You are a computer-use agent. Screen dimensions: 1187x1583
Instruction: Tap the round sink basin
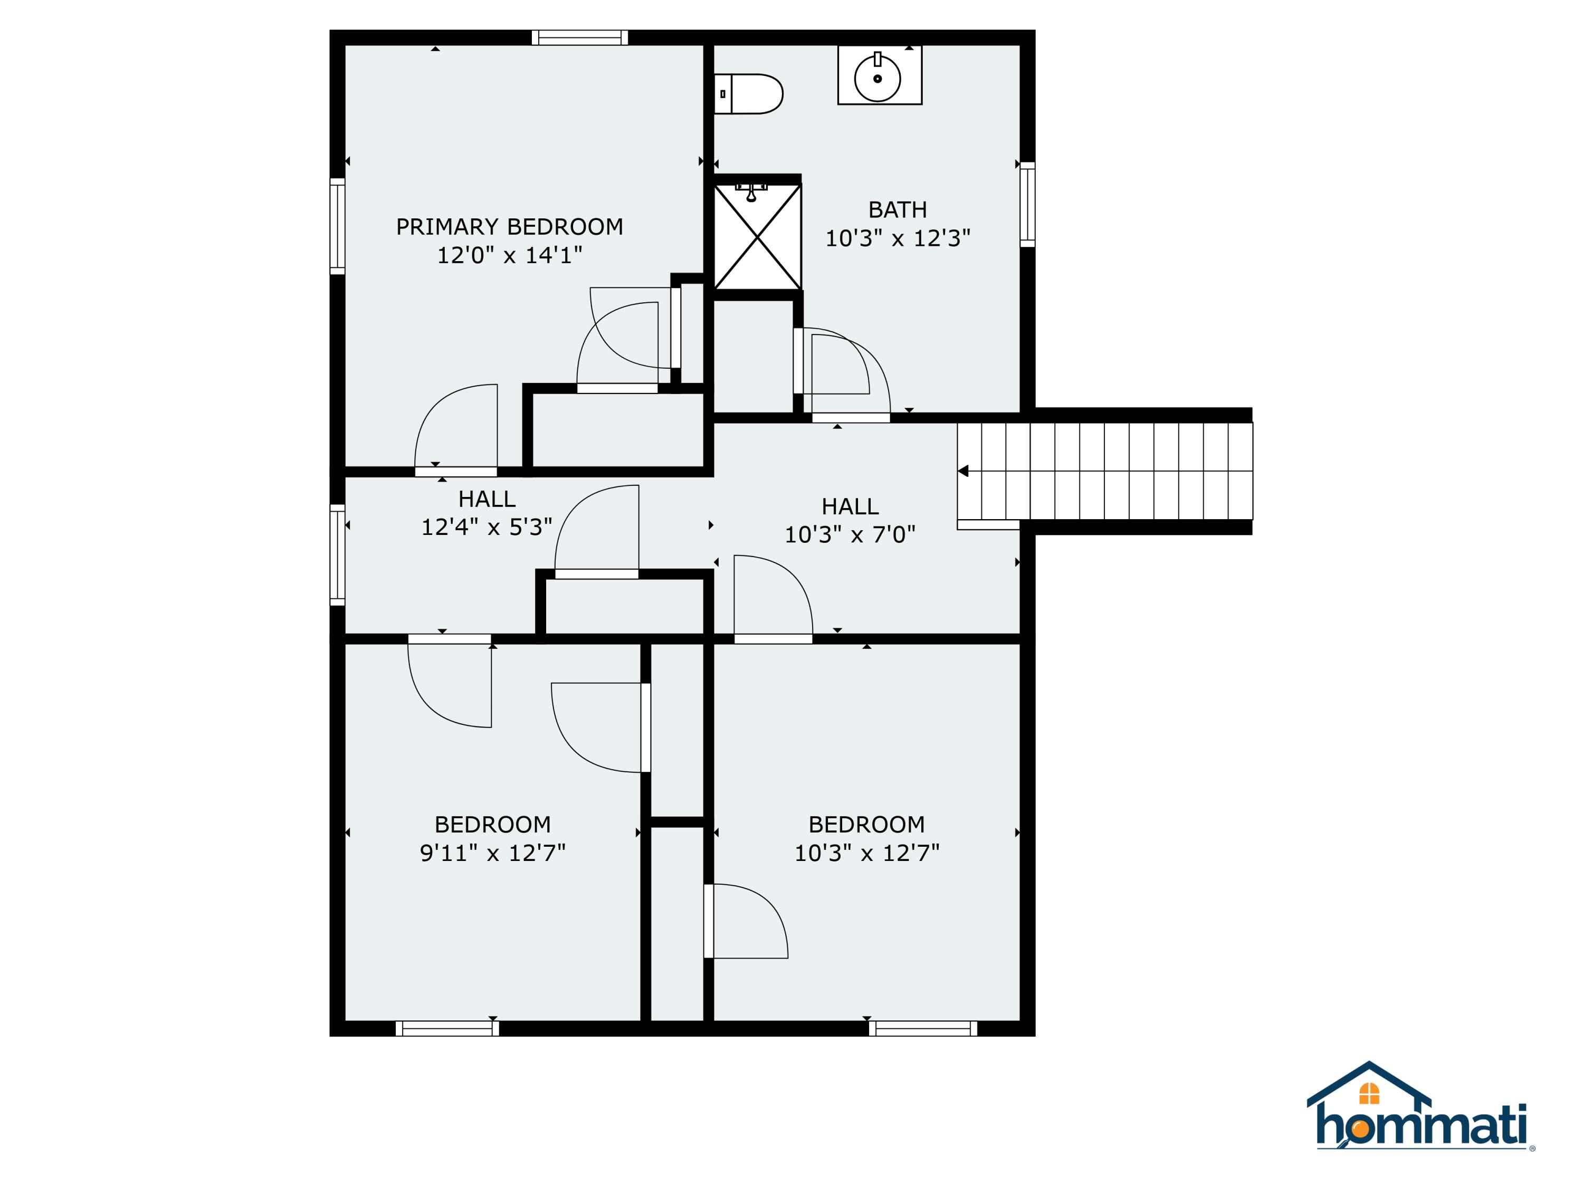(x=878, y=78)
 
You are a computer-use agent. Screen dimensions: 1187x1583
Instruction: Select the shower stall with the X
(x=757, y=236)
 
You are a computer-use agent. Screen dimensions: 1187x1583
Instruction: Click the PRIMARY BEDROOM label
(x=510, y=227)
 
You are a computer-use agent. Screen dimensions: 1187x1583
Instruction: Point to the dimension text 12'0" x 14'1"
(x=510, y=255)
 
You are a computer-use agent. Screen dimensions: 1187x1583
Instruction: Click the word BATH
(x=898, y=209)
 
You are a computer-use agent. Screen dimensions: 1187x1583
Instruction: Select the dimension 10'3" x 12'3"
(x=898, y=238)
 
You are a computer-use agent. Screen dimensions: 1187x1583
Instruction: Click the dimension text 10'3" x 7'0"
(x=850, y=534)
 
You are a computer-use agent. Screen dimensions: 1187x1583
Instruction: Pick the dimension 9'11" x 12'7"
(x=492, y=853)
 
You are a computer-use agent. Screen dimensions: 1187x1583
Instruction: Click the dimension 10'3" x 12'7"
(x=866, y=853)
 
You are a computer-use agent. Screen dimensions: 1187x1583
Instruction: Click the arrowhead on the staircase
(x=963, y=471)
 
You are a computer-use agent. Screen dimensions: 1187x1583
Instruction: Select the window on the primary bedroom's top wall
(x=580, y=37)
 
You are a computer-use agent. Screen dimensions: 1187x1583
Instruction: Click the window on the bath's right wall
(x=1027, y=205)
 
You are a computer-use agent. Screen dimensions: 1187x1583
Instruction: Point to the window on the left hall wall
(x=337, y=555)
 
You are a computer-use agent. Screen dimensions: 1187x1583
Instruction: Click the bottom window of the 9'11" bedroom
(x=447, y=1029)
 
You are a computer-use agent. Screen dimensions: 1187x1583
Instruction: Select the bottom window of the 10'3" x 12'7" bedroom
(x=923, y=1029)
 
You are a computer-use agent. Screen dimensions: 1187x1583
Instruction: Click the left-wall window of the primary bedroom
(x=337, y=226)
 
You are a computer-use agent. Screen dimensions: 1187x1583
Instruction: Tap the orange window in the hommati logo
(x=1368, y=1093)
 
